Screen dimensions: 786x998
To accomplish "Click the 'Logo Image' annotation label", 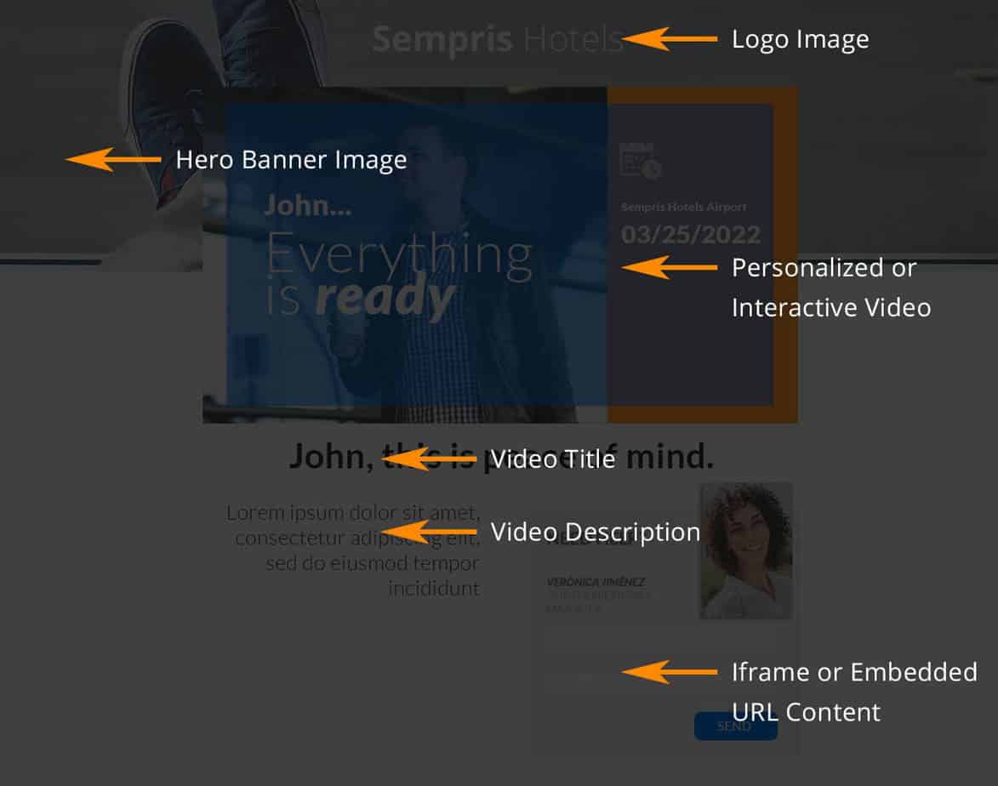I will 800,39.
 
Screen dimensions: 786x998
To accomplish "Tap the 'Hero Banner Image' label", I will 291,160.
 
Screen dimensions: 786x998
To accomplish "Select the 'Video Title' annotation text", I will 553,459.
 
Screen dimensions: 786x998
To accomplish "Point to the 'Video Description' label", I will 596,532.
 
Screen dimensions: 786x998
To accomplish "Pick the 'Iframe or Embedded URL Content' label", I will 853,691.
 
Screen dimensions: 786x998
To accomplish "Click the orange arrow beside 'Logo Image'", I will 670,39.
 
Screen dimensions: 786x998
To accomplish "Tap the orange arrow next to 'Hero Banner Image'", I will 113,159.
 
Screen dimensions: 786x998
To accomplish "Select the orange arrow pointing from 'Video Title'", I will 429,459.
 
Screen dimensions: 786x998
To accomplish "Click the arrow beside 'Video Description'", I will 429,532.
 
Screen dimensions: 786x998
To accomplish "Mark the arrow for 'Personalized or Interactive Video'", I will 670,267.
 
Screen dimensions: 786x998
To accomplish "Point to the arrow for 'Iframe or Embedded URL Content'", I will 670,672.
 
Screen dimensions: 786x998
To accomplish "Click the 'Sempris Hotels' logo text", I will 498,39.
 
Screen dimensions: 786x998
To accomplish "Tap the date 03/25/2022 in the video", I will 691,234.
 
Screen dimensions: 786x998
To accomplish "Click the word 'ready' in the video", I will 385,299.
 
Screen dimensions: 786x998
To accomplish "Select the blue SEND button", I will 735,726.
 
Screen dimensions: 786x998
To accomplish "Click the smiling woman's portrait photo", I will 745,550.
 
